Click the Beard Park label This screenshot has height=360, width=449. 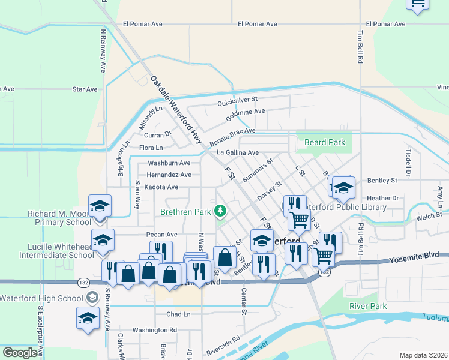pos(325,143)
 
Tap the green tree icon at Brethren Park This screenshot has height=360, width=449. pos(221,211)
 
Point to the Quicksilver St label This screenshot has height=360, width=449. pos(237,99)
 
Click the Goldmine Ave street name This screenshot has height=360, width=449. pos(245,112)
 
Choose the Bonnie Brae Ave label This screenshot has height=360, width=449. pos(232,136)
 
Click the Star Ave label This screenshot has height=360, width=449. pos(85,89)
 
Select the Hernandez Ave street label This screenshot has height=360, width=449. pos(169,175)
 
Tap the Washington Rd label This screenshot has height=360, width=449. pos(155,330)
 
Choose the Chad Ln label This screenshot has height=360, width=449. pos(178,314)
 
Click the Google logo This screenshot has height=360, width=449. pos(20,353)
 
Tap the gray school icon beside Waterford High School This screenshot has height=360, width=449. pos(92,298)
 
